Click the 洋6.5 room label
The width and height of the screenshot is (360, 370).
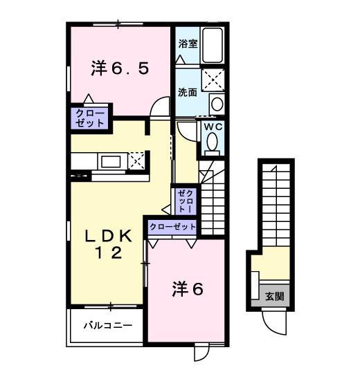coord(119,69)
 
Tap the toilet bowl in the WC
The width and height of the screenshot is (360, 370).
coord(211,144)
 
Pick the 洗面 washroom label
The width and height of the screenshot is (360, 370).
coord(187,91)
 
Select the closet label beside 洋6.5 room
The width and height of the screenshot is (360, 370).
coord(88,118)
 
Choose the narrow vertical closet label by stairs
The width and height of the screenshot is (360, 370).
coord(186,201)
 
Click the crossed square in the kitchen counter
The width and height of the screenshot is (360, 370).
coord(137,160)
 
